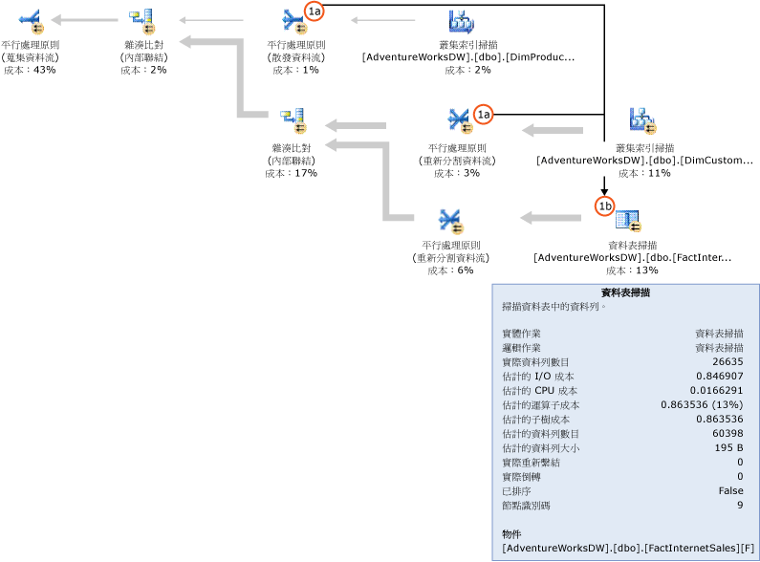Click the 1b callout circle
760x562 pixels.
(604, 205)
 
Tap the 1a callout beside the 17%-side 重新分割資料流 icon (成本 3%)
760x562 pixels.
(484, 113)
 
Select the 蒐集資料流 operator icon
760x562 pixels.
(29, 18)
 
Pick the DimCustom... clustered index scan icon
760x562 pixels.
(642, 120)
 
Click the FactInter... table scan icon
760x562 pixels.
(628, 221)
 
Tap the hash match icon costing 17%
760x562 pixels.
(292, 121)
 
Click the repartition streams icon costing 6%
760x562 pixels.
(450, 221)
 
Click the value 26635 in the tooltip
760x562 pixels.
(727, 362)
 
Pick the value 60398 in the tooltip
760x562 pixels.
(727, 434)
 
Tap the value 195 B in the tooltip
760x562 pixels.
(729, 448)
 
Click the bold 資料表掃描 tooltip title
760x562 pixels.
(626, 293)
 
